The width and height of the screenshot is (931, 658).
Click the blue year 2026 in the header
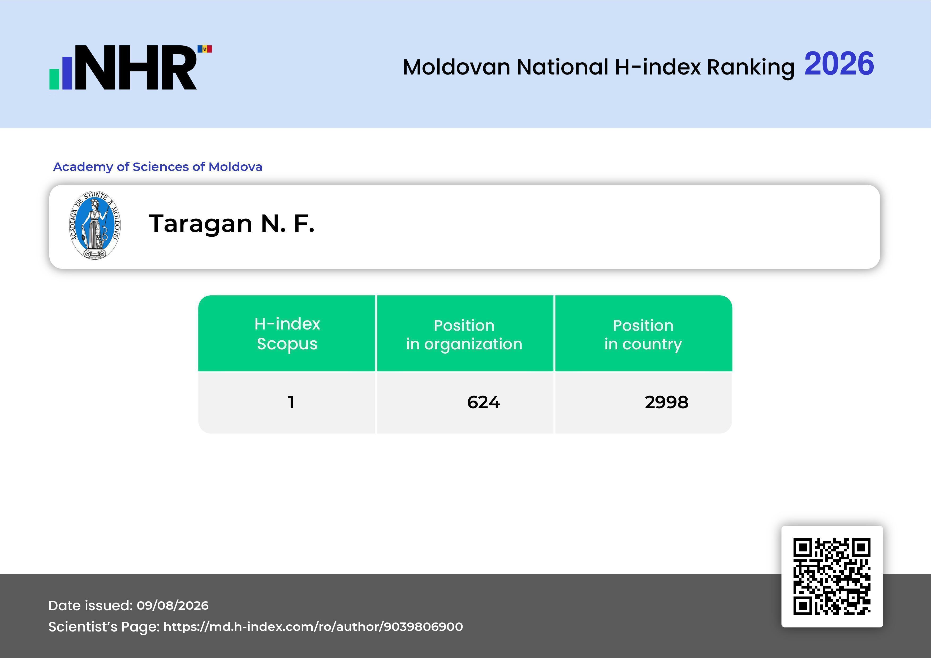tap(839, 64)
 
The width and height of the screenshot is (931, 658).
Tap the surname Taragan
tap(201, 224)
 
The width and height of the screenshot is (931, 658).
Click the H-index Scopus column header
tap(287, 334)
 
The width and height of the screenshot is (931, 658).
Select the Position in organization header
tap(464, 334)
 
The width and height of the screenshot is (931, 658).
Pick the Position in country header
tap(643, 335)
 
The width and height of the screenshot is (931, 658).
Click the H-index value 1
tap(291, 402)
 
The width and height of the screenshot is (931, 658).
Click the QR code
tap(832, 577)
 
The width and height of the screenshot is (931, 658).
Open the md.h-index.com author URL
tap(313, 627)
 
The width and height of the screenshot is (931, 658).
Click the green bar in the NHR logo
tap(54, 79)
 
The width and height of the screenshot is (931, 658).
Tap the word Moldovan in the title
tap(456, 67)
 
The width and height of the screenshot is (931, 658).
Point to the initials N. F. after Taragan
tap(287, 224)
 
